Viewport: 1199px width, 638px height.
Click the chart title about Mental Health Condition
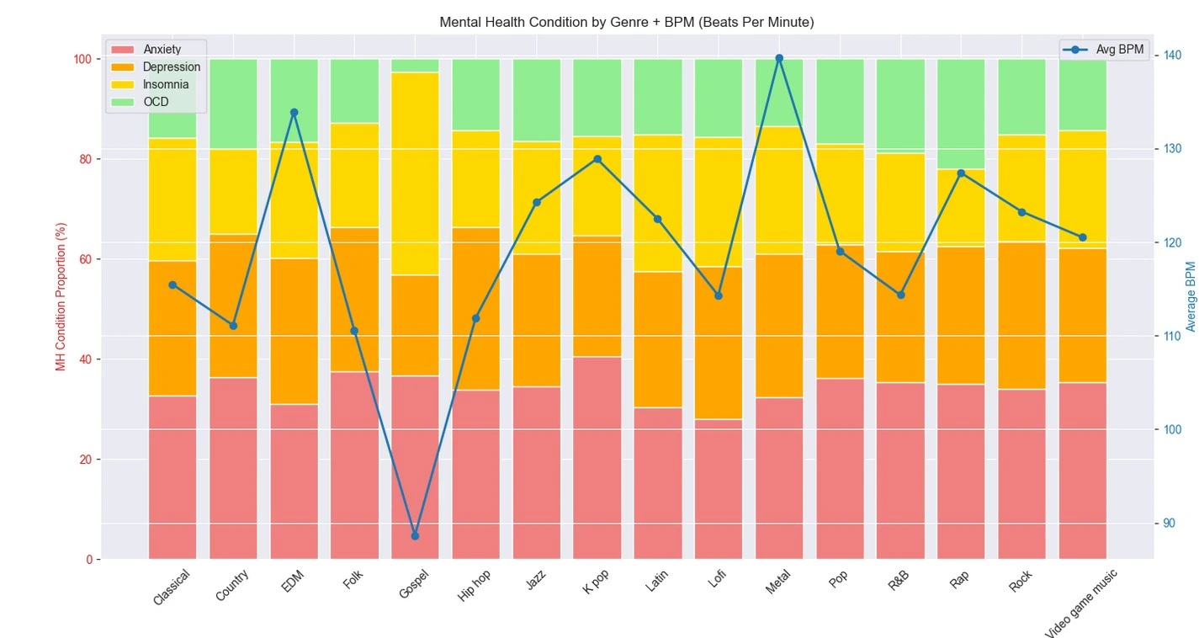coord(626,23)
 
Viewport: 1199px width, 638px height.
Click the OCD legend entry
coord(156,102)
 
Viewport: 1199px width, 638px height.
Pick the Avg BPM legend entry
coord(1119,50)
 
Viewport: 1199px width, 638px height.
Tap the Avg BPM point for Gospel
coord(415,535)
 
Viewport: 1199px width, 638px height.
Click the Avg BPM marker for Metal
coord(779,58)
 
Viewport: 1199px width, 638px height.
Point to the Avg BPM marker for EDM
coord(294,112)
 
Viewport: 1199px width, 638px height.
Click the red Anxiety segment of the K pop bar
coord(597,458)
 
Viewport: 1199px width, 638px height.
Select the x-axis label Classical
coord(172,588)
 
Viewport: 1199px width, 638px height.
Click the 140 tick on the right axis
coord(1172,56)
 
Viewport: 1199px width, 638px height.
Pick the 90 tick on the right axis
coord(1170,523)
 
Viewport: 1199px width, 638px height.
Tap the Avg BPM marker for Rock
coord(1021,212)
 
